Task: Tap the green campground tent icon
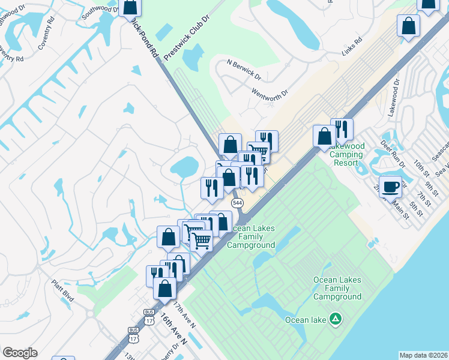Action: point(337,319)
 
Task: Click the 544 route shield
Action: point(238,203)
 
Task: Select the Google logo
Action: point(20,353)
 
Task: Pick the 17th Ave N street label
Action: point(184,314)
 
